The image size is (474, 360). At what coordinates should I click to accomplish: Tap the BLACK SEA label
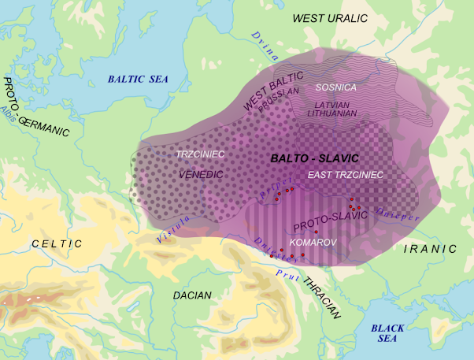coord(387,333)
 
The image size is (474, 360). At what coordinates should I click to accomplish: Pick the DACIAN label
coord(193,295)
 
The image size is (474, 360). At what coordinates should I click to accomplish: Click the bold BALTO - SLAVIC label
coord(314,158)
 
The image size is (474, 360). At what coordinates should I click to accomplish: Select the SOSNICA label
coord(336,86)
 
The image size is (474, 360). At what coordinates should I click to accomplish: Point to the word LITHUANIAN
coord(335,113)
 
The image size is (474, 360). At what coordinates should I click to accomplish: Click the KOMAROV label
coord(314,243)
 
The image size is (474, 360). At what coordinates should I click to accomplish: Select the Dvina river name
coord(265,46)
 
